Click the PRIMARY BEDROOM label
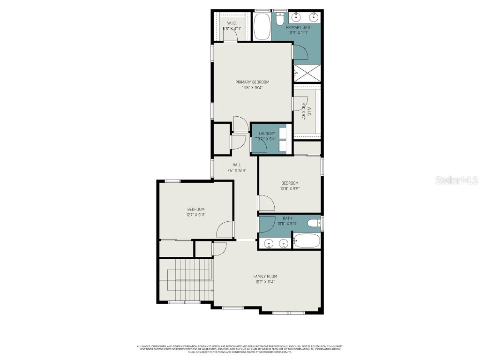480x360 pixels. click(252, 82)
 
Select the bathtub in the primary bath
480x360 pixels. click(262, 27)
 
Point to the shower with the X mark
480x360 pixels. click(307, 73)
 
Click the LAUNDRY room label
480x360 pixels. click(267, 134)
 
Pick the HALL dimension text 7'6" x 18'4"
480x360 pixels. click(237, 170)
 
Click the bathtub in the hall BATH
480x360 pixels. click(307, 241)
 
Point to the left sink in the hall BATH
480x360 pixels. click(269, 243)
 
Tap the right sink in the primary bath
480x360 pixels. click(313, 18)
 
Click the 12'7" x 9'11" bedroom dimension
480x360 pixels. click(196, 215)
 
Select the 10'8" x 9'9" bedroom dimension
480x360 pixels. click(290, 188)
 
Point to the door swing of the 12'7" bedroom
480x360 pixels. click(226, 230)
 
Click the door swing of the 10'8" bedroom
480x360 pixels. click(267, 203)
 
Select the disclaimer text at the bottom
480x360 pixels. click(240, 349)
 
